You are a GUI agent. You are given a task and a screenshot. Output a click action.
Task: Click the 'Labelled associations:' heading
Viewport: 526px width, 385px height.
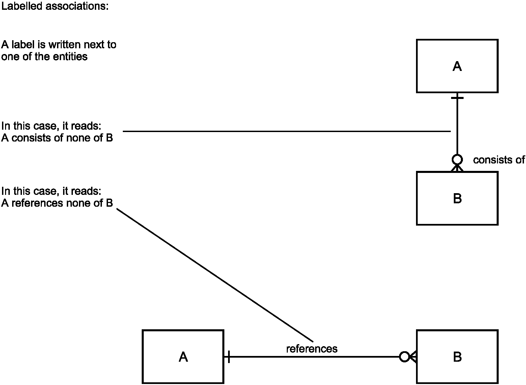(x=55, y=6)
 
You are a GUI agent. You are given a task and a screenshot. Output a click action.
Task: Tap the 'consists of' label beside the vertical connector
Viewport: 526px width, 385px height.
(x=499, y=160)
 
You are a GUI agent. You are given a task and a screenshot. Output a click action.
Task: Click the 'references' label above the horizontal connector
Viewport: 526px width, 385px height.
(x=312, y=349)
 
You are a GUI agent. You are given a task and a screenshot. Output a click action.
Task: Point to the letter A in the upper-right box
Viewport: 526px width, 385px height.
(x=457, y=66)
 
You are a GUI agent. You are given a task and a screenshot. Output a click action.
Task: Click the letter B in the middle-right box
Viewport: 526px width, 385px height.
(x=457, y=198)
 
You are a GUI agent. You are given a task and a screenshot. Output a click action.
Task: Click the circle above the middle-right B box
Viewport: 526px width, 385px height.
(x=457, y=155)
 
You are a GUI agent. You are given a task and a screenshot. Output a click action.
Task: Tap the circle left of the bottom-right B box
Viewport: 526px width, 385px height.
(x=399, y=357)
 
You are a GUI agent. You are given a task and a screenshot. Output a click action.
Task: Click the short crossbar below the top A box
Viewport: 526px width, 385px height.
(x=457, y=98)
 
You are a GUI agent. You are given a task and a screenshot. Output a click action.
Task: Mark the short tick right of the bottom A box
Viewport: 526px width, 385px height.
(x=229, y=357)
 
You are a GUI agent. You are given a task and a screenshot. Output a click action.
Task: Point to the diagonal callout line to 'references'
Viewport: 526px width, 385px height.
(x=215, y=275)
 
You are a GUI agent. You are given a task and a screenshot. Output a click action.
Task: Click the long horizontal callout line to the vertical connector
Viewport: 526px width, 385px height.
(x=287, y=131)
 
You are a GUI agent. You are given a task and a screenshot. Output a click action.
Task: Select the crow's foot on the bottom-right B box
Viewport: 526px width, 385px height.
(x=413, y=357)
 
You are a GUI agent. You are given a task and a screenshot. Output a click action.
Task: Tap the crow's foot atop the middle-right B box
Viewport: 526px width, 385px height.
(x=457, y=168)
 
